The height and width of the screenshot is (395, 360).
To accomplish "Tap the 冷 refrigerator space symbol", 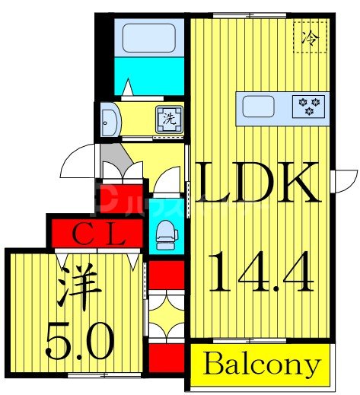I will tap(311, 36).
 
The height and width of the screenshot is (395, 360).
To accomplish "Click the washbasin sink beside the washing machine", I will tap(110, 119).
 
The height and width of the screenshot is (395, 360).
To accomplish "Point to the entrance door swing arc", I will tap(77, 162).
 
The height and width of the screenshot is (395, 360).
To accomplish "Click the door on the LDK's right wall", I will tap(345, 182).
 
